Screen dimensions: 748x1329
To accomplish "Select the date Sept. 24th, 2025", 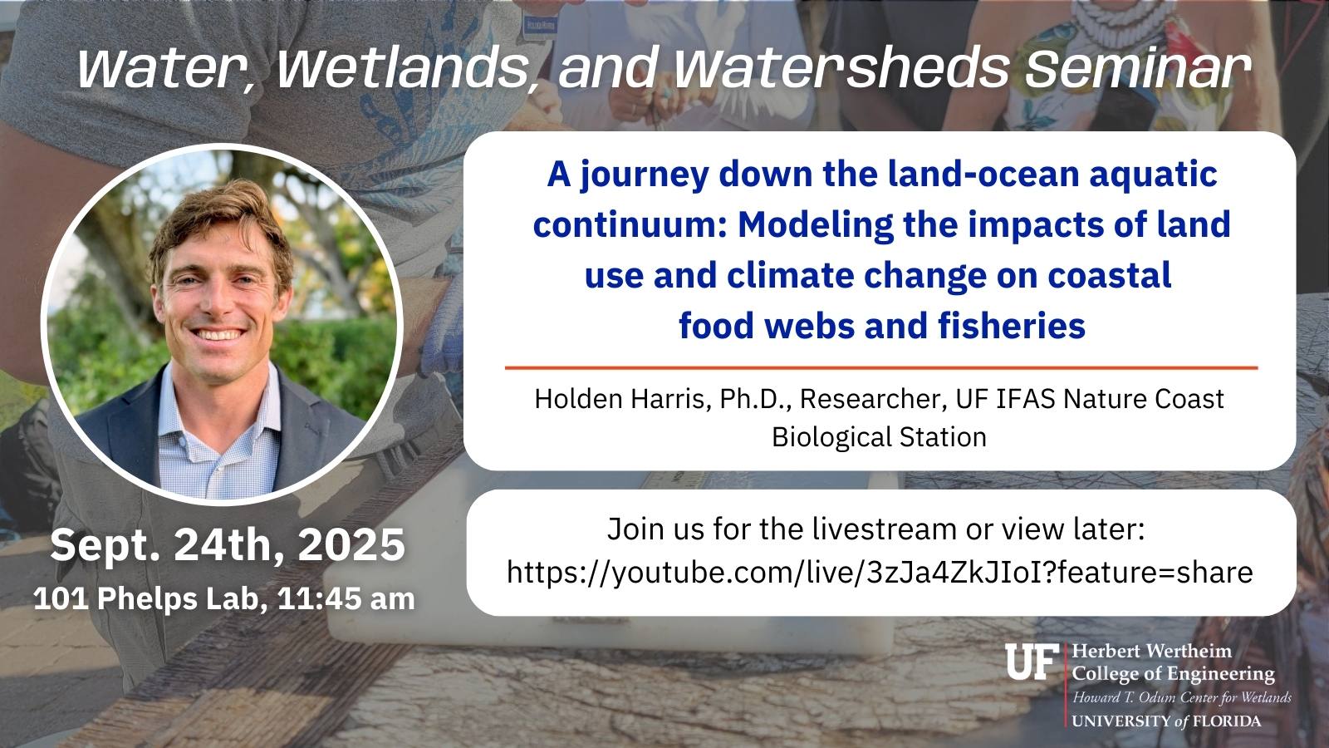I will (228, 545).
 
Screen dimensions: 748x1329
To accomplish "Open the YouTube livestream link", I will (880, 572).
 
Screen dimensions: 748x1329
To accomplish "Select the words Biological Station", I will (879, 437).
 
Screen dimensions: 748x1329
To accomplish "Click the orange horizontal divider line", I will (880, 367).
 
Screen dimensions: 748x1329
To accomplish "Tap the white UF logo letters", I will (1032, 662).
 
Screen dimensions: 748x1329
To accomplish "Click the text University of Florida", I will (1165, 721).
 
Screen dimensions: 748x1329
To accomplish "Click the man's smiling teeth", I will (218, 335).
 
